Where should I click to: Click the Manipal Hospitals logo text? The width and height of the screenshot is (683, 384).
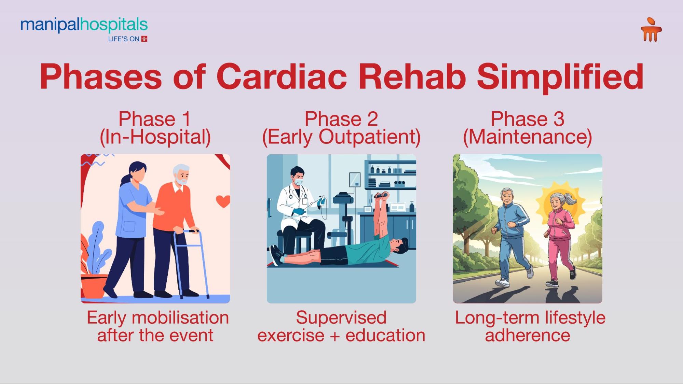pos(84,25)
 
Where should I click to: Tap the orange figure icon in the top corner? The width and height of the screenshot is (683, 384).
pos(651,30)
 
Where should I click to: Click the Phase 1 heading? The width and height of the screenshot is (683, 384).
pos(154,119)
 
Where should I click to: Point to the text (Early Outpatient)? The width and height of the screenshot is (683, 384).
pos(341,137)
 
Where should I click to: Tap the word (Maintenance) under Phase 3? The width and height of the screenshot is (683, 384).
pos(527,137)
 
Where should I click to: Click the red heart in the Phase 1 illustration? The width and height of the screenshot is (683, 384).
pos(223,201)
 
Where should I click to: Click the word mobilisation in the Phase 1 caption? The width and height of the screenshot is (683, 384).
pos(180,318)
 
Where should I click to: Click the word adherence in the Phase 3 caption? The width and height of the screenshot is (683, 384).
pos(527,336)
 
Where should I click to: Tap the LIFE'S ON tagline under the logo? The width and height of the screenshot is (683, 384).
pos(124,39)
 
